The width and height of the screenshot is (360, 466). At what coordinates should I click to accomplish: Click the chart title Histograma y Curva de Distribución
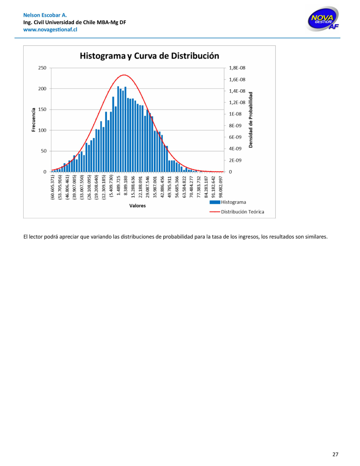149,56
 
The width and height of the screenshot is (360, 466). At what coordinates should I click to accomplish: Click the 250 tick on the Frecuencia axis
42,68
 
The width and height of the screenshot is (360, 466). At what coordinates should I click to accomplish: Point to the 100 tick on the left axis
42,130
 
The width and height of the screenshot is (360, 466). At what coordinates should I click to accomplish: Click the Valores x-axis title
137,206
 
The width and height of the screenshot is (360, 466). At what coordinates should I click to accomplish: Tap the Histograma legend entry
233,202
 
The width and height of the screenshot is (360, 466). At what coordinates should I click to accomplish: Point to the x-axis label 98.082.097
220,186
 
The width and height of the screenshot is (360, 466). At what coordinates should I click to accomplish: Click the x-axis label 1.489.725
118,186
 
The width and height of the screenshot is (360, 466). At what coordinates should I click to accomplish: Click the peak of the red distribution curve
124,75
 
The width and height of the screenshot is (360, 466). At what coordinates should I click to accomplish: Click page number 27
335,454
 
